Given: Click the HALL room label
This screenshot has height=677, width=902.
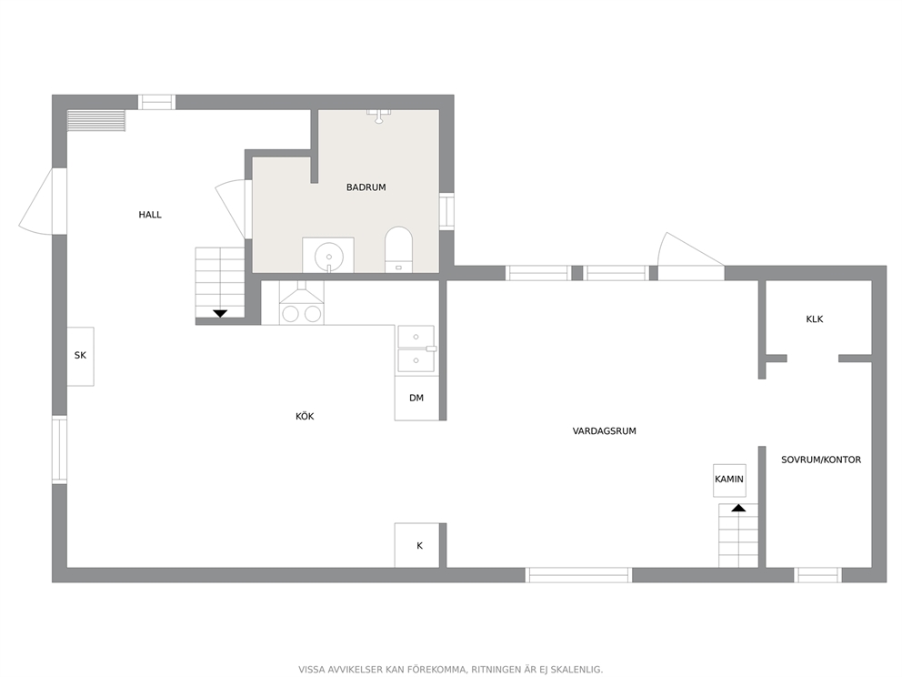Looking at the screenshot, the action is [149, 215].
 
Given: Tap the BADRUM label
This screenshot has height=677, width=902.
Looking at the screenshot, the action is [366, 187].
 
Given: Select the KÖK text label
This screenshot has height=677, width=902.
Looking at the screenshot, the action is [305, 416].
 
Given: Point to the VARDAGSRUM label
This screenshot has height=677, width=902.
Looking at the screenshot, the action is [604, 430].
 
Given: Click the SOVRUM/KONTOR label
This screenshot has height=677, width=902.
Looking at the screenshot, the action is [821, 460].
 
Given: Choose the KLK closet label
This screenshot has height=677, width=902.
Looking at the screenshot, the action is [815, 318].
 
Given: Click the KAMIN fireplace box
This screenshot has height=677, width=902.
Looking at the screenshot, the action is [729, 480].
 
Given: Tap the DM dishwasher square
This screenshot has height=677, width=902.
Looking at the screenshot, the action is [416, 398].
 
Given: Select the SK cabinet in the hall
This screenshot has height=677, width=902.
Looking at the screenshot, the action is [81, 357].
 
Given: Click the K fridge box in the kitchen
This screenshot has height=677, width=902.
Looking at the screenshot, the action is [417, 545].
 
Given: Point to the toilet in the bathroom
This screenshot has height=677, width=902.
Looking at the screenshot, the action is [398, 248].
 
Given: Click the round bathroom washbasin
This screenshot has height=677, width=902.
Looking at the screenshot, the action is [328, 257].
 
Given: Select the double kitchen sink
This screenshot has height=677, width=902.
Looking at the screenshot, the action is [416, 349].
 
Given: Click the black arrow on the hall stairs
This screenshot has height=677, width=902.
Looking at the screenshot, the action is [220, 314].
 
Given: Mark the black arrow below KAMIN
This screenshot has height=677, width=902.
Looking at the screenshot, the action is [738, 508].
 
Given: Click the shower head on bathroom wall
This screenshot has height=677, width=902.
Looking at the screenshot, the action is [378, 116].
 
